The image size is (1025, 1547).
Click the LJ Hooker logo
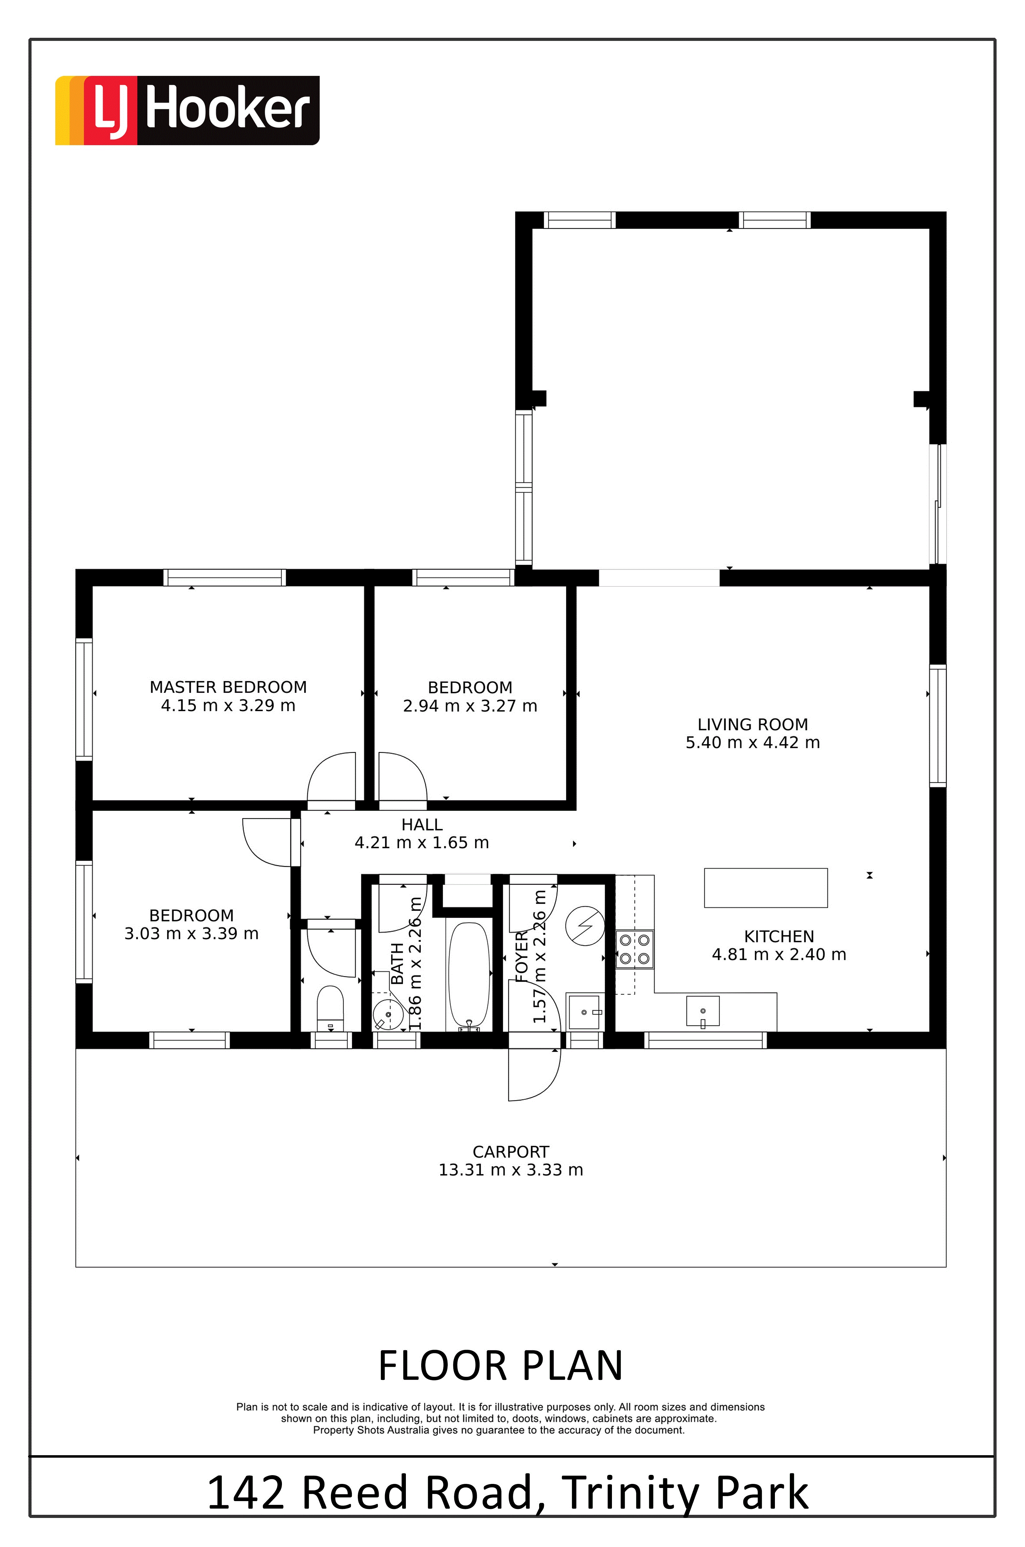click(187, 110)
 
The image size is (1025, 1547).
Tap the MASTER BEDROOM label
click(228, 687)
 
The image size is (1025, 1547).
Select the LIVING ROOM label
click(752, 724)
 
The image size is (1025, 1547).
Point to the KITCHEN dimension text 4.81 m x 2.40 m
click(779, 955)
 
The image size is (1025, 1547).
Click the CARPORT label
click(510, 1152)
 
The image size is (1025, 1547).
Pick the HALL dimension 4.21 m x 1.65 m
click(421, 843)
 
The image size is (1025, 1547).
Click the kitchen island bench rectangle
click(766, 888)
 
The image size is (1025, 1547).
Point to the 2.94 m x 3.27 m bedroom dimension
click(470, 706)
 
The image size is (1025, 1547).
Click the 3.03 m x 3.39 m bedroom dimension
click(191, 934)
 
